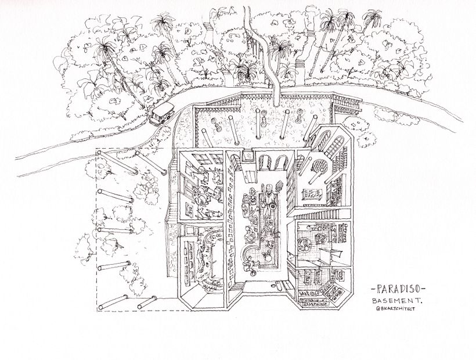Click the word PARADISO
pos(398,289)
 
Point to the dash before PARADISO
pos(373,289)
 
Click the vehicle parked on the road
pos(161,114)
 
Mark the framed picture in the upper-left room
pos(190,210)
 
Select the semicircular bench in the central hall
pos(250,254)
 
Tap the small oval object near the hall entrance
pos(276,285)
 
